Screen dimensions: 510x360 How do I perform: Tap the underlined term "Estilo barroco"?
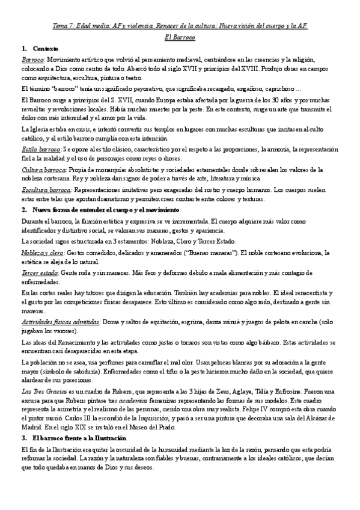coord(40,148)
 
